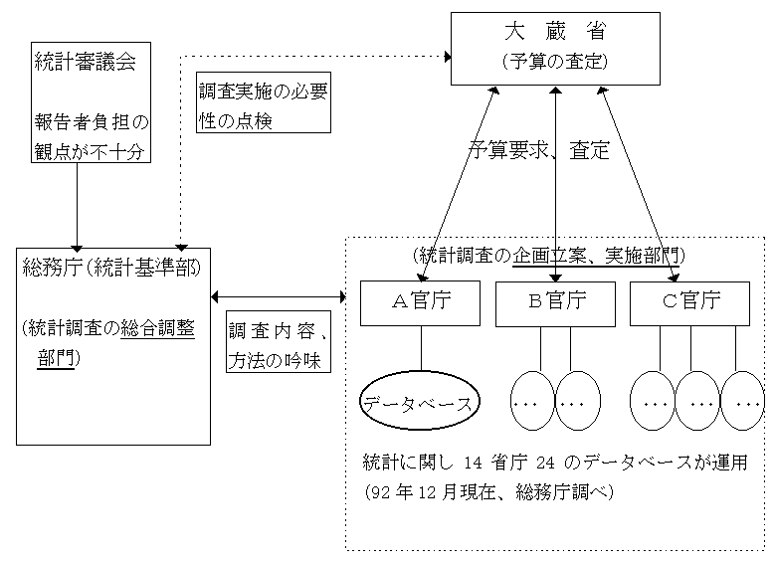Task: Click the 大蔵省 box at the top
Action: pos(555,48)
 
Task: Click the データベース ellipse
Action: pos(419,403)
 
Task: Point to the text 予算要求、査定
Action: pos(539,152)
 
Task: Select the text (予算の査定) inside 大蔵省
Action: pos(555,63)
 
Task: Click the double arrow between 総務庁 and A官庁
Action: pos(278,296)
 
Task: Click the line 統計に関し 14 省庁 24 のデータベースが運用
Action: pos(554,464)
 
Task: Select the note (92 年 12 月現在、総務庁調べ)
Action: pos(487,491)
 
